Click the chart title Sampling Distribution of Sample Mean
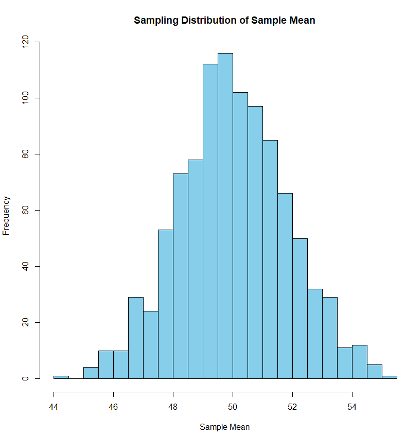click(x=224, y=21)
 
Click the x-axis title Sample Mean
click(x=224, y=427)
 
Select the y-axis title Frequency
click(x=6, y=215)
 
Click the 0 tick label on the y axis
click(x=24, y=379)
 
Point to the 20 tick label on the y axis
click(x=24, y=323)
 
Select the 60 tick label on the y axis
click(x=24, y=210)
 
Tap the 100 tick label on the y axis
click(x=24, y=98)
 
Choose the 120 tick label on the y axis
click(x=24, y=42)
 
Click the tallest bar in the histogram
click(x=225, y=216)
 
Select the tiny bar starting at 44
click(x=61, y=377)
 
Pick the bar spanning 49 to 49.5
click(x=210, y=221)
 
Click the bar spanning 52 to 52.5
click(x=300, y=309)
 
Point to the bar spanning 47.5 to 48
click(x=166, y=304)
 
